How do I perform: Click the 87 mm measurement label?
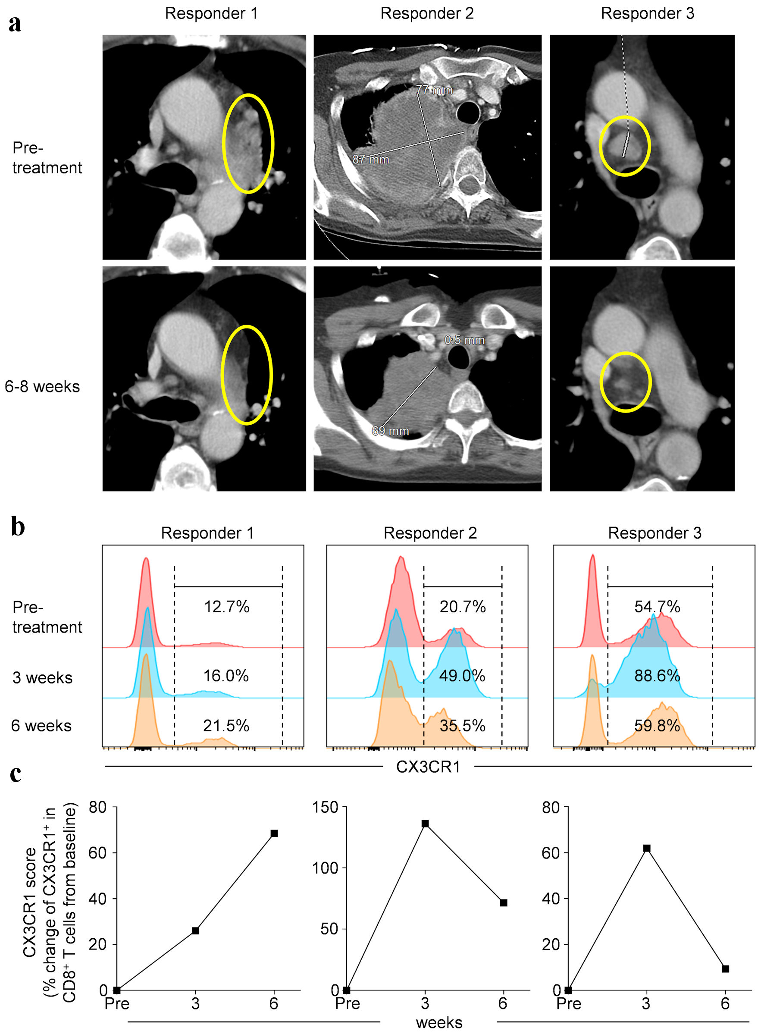(x=370, y=160)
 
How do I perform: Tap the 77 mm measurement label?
(x=434, y=90)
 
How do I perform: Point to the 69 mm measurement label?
(x=390, y=431)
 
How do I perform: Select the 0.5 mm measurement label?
(x=464, y=340)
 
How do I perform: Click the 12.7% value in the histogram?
(x=227, y=607)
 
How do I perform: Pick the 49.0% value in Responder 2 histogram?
(x=462, y=676)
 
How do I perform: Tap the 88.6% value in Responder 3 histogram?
(x=657, y=676)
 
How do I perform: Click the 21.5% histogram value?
(x=226, y=726)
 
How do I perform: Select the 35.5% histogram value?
(x=462, y=726)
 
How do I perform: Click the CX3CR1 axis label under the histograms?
(x=428, y=767)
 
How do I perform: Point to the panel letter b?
(x=18, y=527)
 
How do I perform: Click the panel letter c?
(x=16, y=774)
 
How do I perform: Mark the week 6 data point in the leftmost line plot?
(x=274, y=833)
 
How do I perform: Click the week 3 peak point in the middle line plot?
(x=425, y=824)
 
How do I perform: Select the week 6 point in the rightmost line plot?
(x=725, y=969)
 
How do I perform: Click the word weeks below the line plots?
(x=439, y=1022)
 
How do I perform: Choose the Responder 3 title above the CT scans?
(x=647, y=13)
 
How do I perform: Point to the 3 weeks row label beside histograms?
(x=42, y=678)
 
